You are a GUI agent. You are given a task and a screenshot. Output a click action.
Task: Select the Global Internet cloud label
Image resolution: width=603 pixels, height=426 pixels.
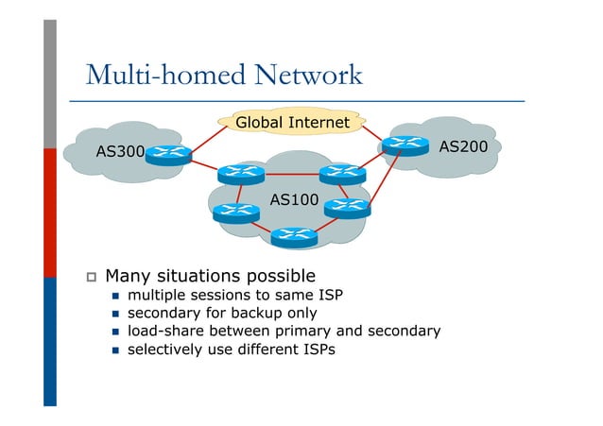point(292,122)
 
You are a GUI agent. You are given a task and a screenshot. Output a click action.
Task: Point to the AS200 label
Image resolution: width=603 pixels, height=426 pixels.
point(463,146)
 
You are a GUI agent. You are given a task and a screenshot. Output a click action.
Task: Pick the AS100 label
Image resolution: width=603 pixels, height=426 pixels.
point(294,200)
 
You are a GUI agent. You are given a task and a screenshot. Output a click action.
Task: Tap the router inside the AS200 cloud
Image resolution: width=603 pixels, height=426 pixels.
point(405,145)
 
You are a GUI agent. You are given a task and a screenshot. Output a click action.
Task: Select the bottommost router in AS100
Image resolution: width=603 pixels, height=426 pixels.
point(293,236)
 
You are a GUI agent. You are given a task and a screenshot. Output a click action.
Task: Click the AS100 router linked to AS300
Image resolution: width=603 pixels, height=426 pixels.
point(240,174)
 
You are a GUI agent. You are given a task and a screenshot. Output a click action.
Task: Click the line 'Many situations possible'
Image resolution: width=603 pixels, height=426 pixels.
point(210,277)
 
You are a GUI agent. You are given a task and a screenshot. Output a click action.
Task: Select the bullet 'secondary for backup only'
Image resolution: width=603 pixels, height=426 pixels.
point(222,313)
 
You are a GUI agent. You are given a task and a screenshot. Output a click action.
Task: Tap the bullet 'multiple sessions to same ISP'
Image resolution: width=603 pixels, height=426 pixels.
point(234,295)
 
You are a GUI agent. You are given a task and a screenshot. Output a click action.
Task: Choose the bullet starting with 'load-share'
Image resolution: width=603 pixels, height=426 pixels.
point(284,331)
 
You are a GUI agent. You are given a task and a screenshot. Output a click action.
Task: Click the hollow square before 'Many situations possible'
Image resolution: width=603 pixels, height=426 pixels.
point(91,278)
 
